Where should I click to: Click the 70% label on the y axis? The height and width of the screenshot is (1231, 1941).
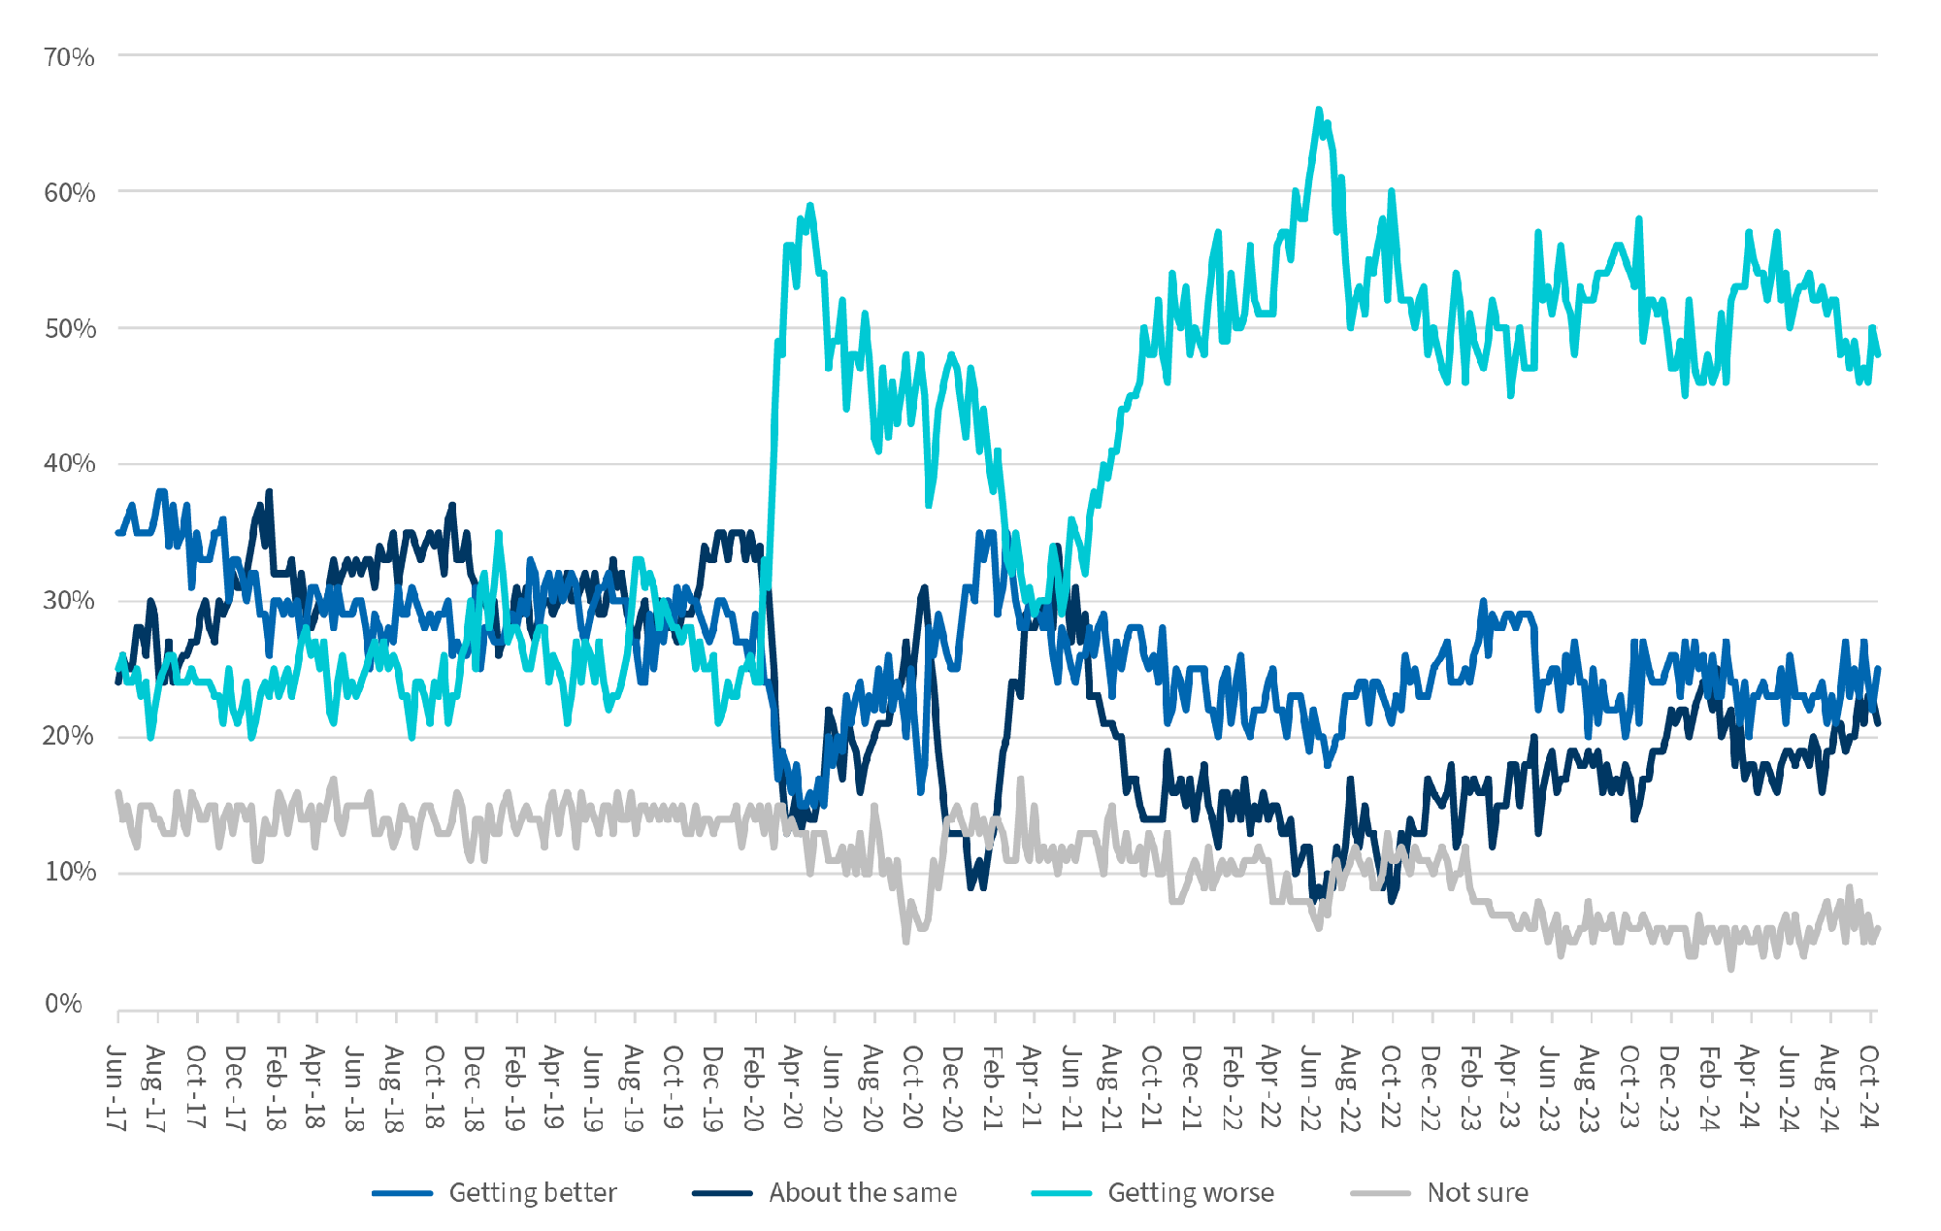tap(69, 57)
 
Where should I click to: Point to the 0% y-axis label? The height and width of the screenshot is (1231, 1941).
tap(63, 1004)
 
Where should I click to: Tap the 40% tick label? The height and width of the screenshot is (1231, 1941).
tap(69, 463)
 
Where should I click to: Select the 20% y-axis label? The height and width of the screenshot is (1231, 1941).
tap(69, 736)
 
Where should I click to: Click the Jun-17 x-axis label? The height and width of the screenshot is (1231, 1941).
tap(116, 1087)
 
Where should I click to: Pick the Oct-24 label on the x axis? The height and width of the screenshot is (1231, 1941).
tap(1869, 1087)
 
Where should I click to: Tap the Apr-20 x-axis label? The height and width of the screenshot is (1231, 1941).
tap(793, 1087)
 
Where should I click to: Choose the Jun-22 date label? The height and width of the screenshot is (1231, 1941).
tap(1311, 1087)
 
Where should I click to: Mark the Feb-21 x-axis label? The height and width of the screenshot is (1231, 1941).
tap(992, 1087)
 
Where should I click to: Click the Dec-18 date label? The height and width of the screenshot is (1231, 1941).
tap(475, 1087)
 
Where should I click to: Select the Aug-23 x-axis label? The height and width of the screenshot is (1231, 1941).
tap(1590, 1087)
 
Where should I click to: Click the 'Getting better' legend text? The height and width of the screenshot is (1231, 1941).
tap(532, 1192)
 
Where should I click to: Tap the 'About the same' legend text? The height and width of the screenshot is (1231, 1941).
tap(863, 1192)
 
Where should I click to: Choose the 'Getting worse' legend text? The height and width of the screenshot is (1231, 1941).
tap(1191, 1192)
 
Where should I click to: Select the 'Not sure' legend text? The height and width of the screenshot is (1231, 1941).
tap(1477, 1192)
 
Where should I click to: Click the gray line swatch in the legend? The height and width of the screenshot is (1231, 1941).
tap(1380, 1192)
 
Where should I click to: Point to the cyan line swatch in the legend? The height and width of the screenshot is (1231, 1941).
tap(1062, 1192)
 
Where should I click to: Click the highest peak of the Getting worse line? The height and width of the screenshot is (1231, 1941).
tap(1318, 109)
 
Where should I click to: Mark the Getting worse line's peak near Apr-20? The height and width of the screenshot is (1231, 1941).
tap(809, 205)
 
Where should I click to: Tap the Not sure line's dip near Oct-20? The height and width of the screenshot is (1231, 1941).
tap(906, 941)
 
